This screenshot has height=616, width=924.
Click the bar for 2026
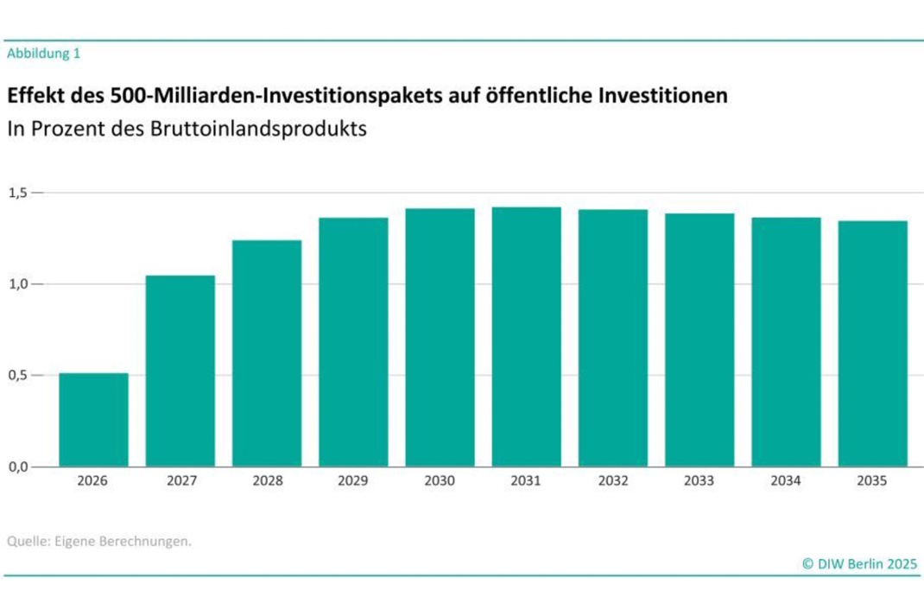93,420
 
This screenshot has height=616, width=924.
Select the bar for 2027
180,372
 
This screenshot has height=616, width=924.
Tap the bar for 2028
267,353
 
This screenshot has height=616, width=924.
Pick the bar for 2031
526,337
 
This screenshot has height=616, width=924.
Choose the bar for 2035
872,344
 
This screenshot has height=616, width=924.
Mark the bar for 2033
699,340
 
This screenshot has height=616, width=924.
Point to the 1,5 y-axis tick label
18,193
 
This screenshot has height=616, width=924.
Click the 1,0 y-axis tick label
18,284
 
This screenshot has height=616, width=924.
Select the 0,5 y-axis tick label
18,376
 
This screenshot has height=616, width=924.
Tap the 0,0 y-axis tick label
18,467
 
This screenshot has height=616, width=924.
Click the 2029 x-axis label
353,481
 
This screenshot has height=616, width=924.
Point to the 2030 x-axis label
440,481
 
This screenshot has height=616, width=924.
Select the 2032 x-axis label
612,481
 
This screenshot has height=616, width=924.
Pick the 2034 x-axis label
786,481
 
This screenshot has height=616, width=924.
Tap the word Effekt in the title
33,94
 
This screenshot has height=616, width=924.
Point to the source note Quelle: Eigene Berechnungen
98,542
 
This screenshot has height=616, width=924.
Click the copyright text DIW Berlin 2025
860,563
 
